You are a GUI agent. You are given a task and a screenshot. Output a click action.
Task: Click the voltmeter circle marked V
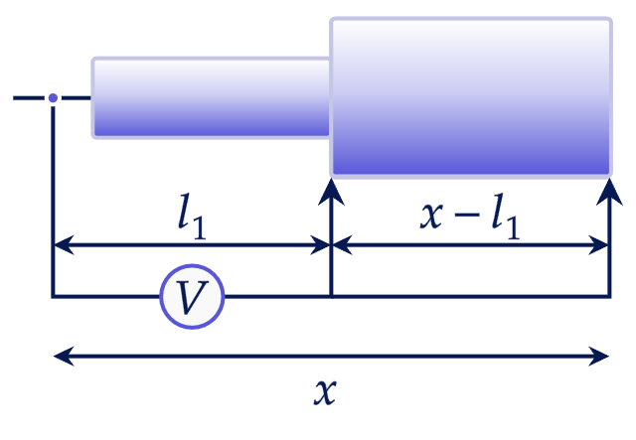[x=192, y=296]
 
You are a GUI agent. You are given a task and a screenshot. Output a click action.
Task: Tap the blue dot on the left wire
[x=53, y=97]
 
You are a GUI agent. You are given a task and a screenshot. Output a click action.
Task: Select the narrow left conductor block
[x=211, y=98]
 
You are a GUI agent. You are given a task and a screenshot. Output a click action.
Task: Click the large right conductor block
[x=470, y=97]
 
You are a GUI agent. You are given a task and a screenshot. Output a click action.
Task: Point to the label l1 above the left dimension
[x=192, y=217]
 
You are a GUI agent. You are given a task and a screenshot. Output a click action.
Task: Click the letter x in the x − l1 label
[x=431, y=216]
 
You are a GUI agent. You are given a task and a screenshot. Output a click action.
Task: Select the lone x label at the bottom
[x=325, y=391]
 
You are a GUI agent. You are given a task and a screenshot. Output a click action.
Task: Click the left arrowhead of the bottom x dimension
[x=64, y=356]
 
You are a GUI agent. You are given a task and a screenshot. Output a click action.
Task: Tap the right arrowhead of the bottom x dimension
[x=598, y=356]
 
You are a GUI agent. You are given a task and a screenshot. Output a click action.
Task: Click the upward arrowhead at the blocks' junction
[x=331, y=193]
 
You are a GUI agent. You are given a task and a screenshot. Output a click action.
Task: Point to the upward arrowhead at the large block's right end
[x=609, y=193]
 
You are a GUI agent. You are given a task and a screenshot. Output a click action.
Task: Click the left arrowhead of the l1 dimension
[x=64, y=245]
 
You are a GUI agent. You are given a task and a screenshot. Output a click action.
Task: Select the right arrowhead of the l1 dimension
[x=320, y=245]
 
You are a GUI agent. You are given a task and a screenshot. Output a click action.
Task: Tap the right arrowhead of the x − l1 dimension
[x=598, y=245]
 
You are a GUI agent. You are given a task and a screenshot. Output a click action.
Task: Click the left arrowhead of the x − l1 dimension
[x=342, y=245]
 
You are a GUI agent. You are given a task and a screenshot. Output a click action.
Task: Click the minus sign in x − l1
[x=467, y=216]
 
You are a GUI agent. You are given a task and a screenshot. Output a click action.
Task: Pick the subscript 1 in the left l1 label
[x=199, y=227]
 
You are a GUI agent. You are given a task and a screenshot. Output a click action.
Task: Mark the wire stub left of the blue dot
[x=29, y=97]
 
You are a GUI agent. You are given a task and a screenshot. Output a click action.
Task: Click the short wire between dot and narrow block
[x=77, y=97]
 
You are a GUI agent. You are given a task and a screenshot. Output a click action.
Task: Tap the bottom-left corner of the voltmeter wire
[x=53, y=296]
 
